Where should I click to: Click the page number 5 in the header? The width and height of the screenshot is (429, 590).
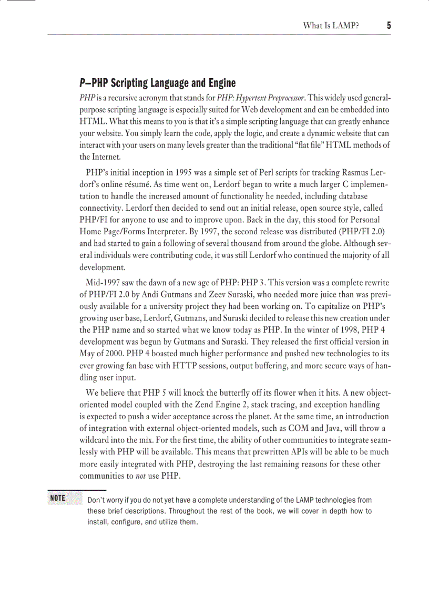tap(389, 25)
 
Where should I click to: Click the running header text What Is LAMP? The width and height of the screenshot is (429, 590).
tap(331, 25)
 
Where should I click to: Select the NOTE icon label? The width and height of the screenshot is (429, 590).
tap(57, 498)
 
